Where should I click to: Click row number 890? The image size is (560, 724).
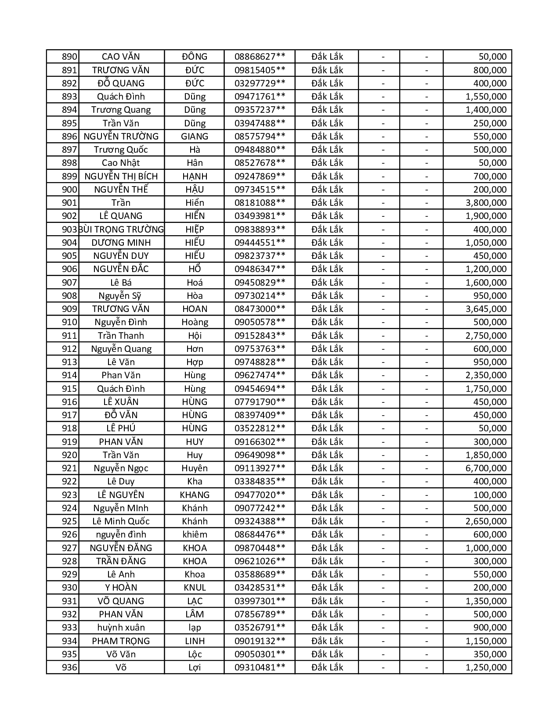(69, 57)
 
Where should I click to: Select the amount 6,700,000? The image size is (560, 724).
(486, 468)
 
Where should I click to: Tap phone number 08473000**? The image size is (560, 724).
(260, 309)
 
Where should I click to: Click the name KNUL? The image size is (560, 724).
(195, 588)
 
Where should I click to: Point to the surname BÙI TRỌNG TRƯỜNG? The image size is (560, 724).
(121, 229)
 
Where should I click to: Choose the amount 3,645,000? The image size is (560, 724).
(486, 309)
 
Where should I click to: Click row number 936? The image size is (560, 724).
(69, 667)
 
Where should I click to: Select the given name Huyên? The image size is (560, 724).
(195, 468)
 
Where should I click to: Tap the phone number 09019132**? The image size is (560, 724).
(260, 641)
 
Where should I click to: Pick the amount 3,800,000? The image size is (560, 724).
(486, 203)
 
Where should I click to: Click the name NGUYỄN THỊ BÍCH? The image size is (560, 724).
(121, 176)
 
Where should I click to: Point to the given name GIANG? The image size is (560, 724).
(195, 136)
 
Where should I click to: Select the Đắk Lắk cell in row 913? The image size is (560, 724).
(327, 362)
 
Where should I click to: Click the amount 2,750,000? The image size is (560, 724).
(486, 336)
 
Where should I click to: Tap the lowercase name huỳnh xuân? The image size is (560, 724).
(121, 627)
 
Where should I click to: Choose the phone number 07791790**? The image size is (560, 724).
(260, 402)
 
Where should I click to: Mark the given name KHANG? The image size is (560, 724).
(195, 495)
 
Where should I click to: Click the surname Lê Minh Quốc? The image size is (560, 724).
(121, 521)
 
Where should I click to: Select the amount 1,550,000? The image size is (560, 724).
(486, 97)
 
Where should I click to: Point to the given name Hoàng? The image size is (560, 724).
(195, 322)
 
